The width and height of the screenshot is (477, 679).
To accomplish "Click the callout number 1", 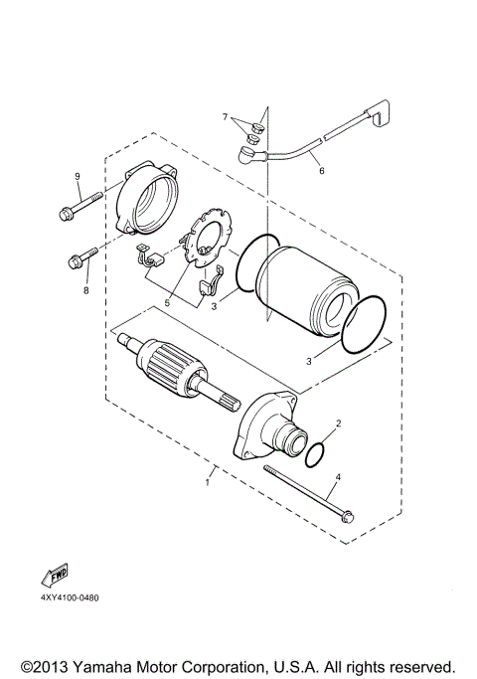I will (x=207, y=483).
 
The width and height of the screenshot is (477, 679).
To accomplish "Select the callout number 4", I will (x=337, y=477).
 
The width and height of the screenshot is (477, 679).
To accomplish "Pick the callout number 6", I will (x=321, y=171).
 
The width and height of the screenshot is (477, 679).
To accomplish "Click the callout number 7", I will (x=227, y=117).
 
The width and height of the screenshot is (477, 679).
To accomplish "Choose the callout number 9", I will (x=77, y=177).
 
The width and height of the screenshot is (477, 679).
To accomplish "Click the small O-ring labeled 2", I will (x=315, y=453).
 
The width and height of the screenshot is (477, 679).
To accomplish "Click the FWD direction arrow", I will (x=56, y=578).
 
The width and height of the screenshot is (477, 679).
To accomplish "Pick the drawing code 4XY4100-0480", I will (x=71, y=598).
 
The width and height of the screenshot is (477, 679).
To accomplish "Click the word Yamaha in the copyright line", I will (x=97, y=665).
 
